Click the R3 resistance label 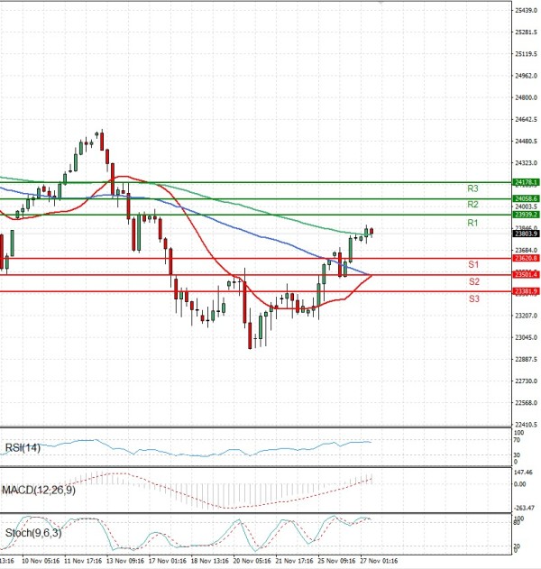tap(472, 188)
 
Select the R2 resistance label tap(472, 205)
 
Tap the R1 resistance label tap(472, 222)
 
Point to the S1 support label tap(472, 264)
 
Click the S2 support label tap(472, 281)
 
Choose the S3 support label tap(472, 298)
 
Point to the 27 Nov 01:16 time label tap(380, 560)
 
